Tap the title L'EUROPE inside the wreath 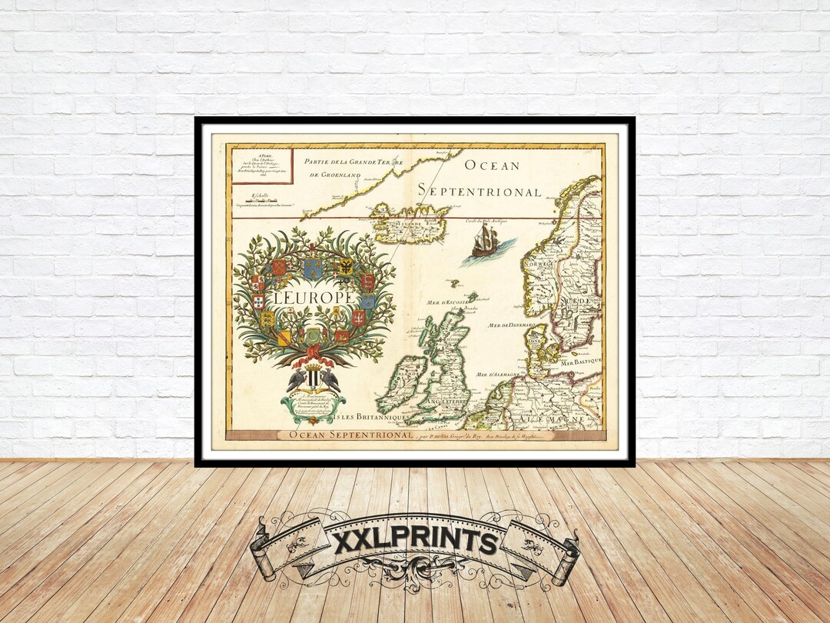316,296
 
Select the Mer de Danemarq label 510,325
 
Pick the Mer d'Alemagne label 499,375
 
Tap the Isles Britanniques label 374,417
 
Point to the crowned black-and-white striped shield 313,378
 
